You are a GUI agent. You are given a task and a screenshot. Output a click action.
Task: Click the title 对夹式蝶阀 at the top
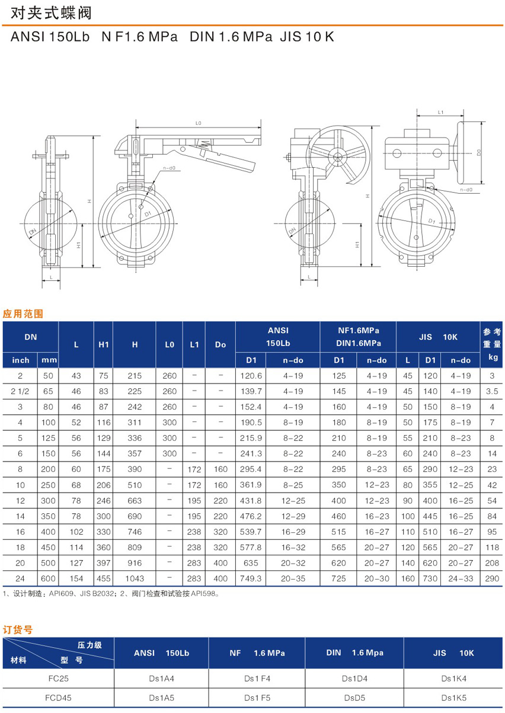[x=51, y=14]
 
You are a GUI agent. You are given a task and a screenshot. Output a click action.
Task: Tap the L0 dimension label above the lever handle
[x=199, y=123]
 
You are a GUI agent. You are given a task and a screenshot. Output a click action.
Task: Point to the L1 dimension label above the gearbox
[x=440, y=112]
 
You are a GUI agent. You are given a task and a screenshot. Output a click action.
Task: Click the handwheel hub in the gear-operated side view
[x=338, y=156]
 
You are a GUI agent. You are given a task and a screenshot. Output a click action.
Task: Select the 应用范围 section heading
[x=23, y=314]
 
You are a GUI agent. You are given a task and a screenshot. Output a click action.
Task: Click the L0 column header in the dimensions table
[x=170, y=344]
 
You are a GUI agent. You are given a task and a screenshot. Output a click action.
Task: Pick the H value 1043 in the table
[x=135, y=578]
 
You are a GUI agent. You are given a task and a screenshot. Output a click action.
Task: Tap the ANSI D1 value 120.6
[x=251, y=376]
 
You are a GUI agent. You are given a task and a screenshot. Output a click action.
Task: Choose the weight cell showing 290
[x=492, y=578]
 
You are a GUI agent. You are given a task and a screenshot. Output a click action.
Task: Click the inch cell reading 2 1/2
[x=20, y=391]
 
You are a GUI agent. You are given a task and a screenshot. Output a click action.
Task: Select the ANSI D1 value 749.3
[x=251, y=578]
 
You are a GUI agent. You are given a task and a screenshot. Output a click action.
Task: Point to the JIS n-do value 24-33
[x=461, y=578]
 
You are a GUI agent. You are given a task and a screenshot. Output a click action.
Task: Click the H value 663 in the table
[x=135, y=500]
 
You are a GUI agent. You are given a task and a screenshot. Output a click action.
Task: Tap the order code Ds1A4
[x=161, y=679]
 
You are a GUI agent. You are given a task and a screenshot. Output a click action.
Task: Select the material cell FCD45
[x=58, y=698]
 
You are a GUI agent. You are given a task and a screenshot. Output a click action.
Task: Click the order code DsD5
[x=354, y=698]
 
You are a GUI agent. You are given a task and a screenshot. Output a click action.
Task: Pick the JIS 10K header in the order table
[x=453, y=653]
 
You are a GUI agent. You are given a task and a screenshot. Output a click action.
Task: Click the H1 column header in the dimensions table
[x=104, y=344]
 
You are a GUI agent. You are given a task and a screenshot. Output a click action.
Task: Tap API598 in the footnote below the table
[x=203, y=594]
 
